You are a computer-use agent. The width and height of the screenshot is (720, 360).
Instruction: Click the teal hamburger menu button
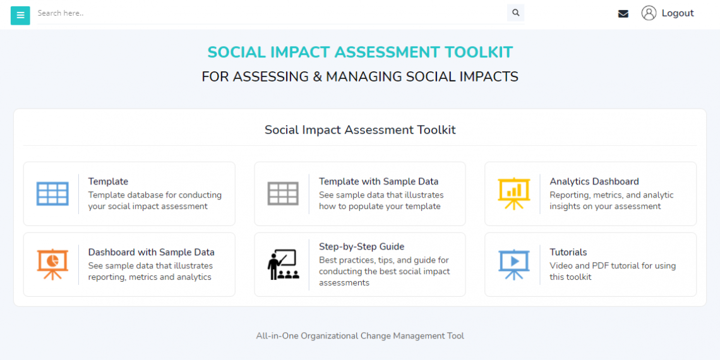[20, 15]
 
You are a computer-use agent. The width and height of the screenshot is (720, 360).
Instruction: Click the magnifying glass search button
[515, 13]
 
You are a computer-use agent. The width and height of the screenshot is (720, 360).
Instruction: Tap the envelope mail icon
[623, 13]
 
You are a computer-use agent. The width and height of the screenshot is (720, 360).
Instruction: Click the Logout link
[677, 13]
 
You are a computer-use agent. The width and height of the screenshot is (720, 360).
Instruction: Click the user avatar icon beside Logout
[649, 13]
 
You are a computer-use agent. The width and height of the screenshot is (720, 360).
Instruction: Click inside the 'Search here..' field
[253, 13]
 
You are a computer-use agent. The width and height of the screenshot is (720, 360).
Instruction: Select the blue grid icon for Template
[52, 193]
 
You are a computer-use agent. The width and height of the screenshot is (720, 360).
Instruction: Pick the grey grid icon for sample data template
[283, 193]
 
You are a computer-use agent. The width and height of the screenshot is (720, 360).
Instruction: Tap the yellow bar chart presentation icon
[513, 193]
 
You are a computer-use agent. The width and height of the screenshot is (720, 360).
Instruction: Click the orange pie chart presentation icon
[52, 264]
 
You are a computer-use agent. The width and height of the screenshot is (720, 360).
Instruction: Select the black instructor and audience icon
[283, 265]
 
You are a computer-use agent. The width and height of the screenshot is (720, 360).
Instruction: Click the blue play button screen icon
[513, 264]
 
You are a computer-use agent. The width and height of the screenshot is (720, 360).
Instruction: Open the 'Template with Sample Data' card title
[378, 181]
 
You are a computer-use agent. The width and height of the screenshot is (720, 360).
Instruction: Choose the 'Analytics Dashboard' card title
[594, 181]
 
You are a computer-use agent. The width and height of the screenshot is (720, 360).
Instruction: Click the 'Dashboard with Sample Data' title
[151, 252]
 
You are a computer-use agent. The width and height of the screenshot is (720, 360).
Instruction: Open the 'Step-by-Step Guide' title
[361, 246]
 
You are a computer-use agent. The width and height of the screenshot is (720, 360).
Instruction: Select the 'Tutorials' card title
[568, 252]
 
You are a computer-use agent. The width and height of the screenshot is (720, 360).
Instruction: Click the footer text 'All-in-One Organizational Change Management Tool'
[360, 336]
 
